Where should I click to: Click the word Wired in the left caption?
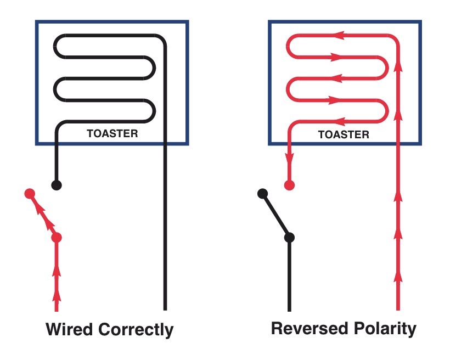point(69,329)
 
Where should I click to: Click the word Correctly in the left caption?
point(136,330)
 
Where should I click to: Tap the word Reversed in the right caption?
point(310,328)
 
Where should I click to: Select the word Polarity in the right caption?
point(385,329)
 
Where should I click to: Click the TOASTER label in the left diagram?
point(112,133)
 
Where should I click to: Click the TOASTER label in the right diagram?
point(344,134)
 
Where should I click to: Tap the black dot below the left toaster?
point(57,185)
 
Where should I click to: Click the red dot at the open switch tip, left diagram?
point(30,194)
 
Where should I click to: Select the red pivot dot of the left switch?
point(57,238)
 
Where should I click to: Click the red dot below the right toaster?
point(289,185)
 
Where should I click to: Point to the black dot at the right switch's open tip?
point(262,194)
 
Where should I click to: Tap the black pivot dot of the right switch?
point(289,238)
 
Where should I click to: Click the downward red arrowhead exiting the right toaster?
point(289,159)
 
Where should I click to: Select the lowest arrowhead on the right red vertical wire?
point(398,277)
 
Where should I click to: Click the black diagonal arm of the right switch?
point(276,216)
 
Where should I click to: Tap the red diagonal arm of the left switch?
point(43,216)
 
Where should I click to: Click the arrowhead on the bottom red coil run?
point(338,121)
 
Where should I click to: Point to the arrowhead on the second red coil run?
point(337,57)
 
